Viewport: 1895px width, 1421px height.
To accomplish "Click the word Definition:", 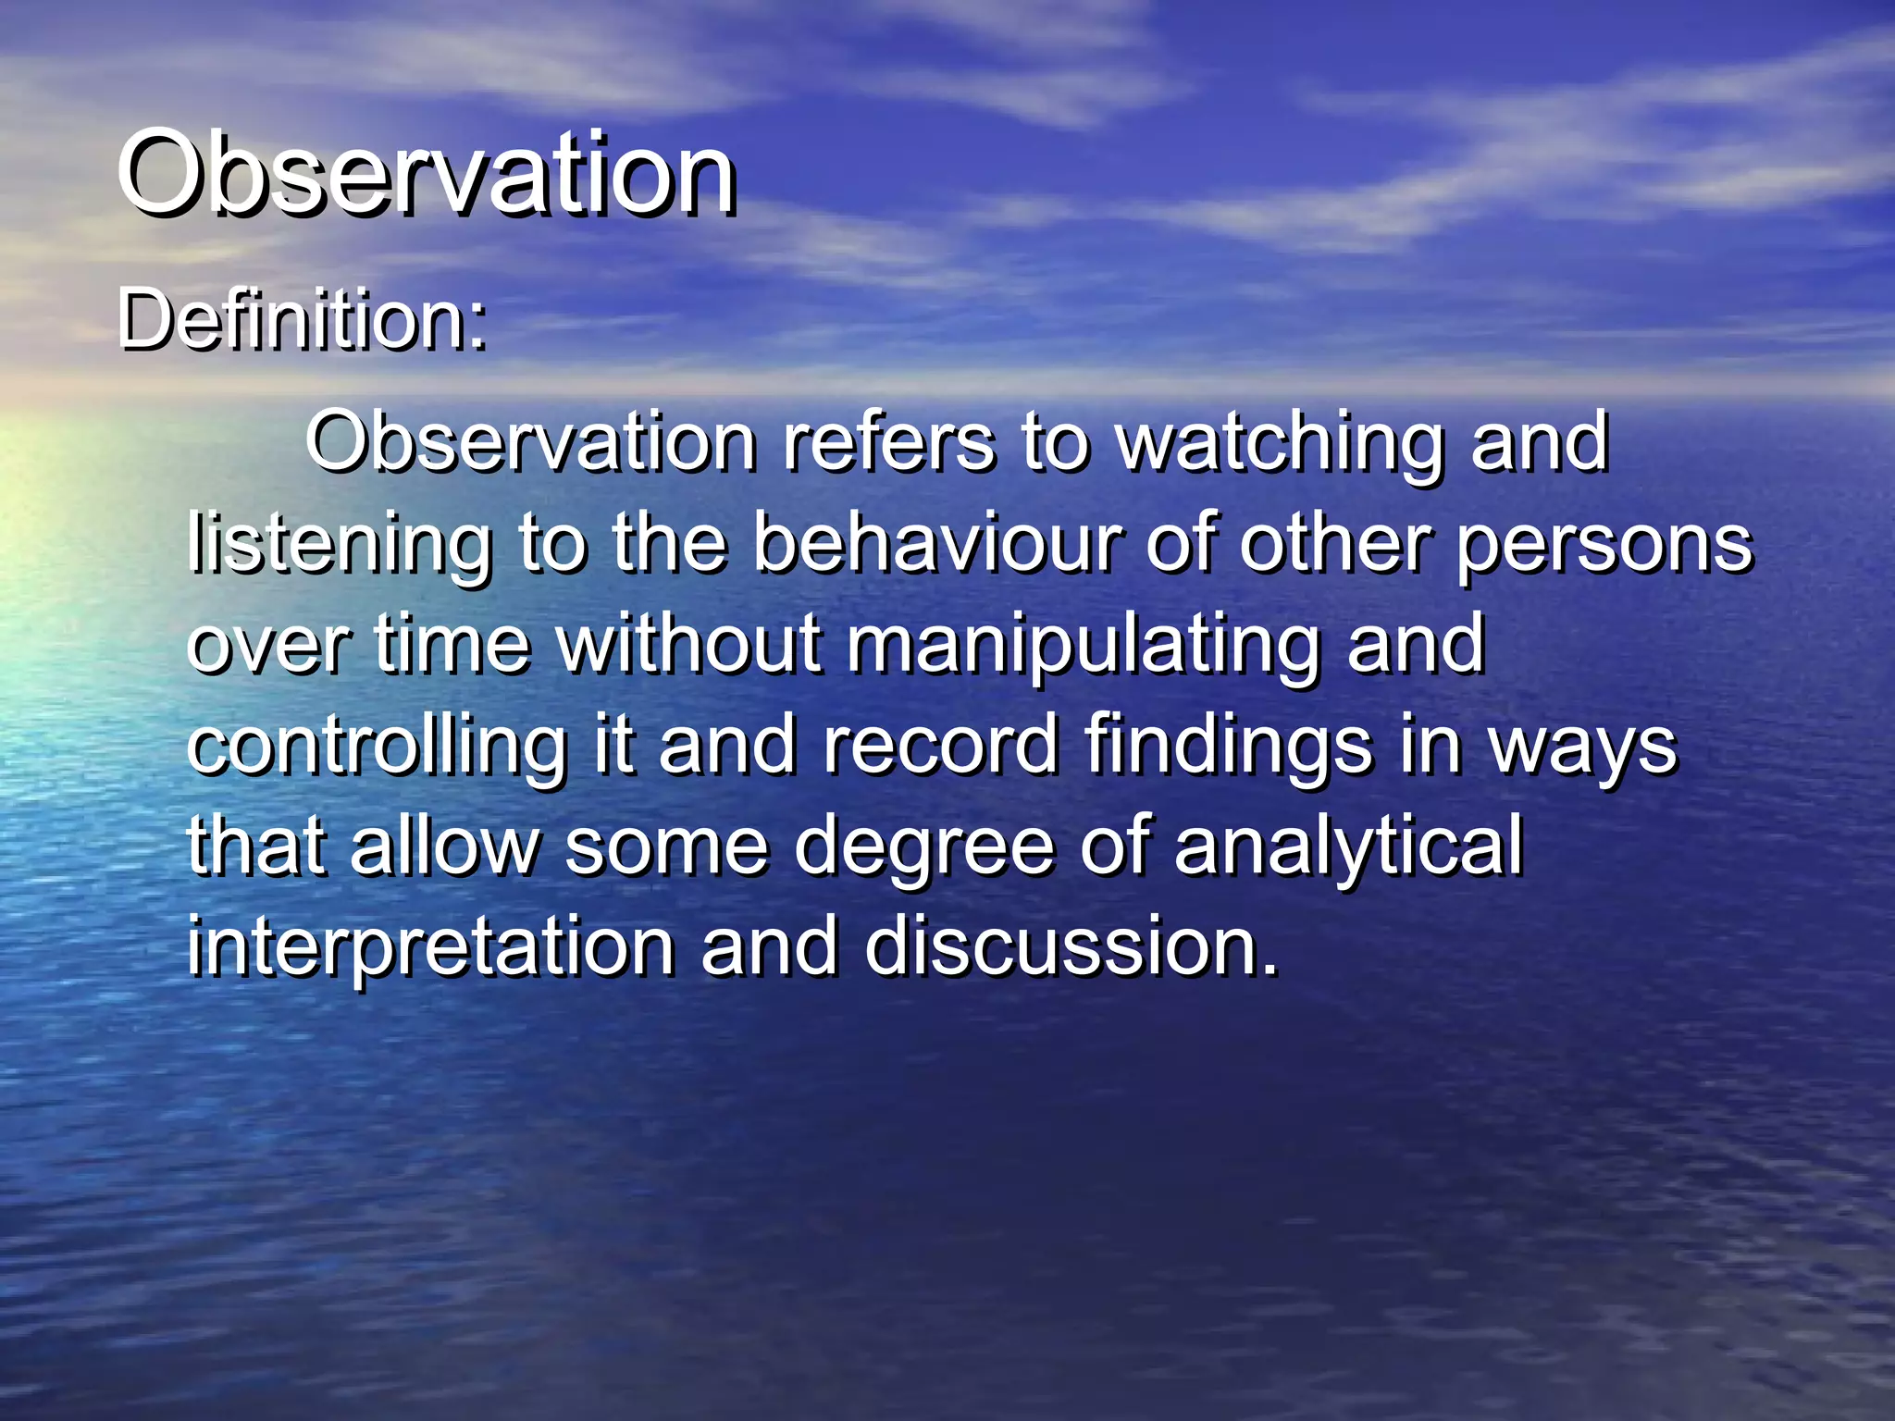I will point(302,320).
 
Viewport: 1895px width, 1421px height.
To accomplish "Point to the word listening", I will point(339,546).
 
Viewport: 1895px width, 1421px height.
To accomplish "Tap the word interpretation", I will point(430,948).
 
